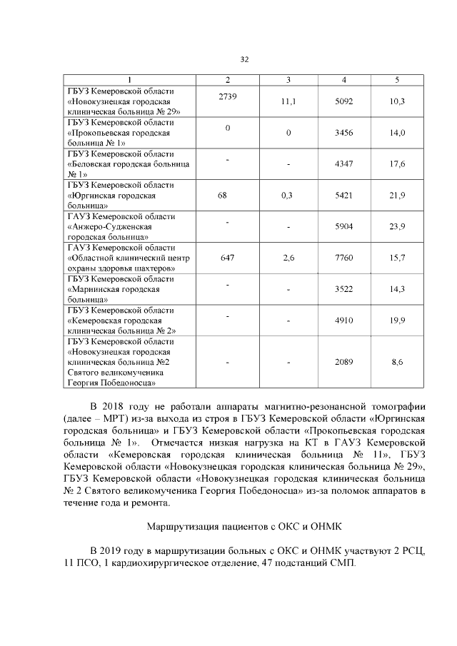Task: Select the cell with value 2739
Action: pyautogui.click(x=227, y=96)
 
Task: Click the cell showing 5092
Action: pyautogui.click(x=344, y=102)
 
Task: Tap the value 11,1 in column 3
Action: pyautogui.click(x=288, y=102)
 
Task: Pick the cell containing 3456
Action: pyautogui.click(x=344, y=133)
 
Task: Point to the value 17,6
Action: pyautogui.click(x=398, y=164)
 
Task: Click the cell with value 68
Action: pyautogui.click(x=227, y=195)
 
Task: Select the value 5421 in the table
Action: pyautogui.click(x=344, y=195)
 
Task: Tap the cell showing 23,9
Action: pyautogui.click(x=398, y=226)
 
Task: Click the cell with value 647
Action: pyautogui.click(x=227, y=258)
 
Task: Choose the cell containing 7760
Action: pyautogui.click(x=344, y=258)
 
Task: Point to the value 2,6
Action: pyautogui.click(x=288, y=258)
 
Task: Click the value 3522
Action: pyautogui.click(x=344, y=289)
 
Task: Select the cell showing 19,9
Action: pyautogui.click(x=398, y=321)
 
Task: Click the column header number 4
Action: pyautogui.click(x=344, y=79)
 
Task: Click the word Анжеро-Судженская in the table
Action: pyautogui.click(x=107, y=226)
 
